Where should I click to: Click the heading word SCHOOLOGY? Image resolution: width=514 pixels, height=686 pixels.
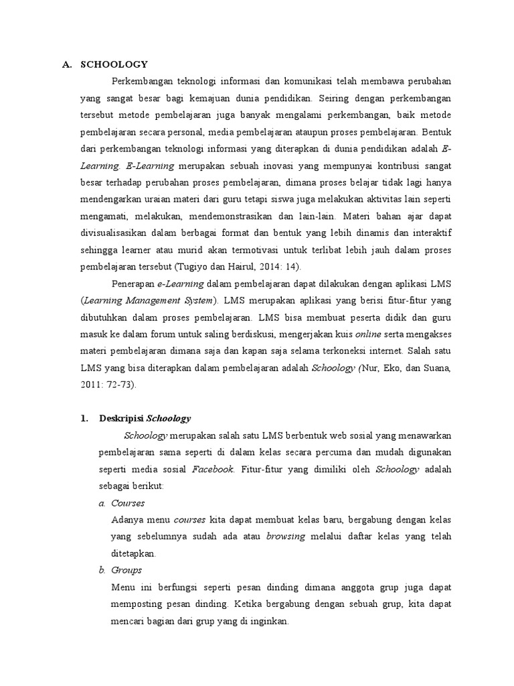point(113,64)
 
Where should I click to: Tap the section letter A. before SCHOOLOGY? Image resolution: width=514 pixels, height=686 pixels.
point(66,64)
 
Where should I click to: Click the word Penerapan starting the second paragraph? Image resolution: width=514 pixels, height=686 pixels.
point(133,284)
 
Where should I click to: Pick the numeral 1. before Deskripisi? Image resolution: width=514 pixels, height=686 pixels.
point(84,418)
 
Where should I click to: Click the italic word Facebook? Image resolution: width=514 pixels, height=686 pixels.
point(213,470)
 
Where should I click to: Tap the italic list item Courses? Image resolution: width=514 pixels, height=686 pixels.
point(128,503)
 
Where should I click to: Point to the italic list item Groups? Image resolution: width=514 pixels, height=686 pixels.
point(126,570)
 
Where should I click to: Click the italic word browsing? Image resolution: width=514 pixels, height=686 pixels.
point(286,537)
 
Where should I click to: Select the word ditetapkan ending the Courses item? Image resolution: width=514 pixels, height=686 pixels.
point(133,553)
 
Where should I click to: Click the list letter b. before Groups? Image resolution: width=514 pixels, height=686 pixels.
point(102,570)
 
